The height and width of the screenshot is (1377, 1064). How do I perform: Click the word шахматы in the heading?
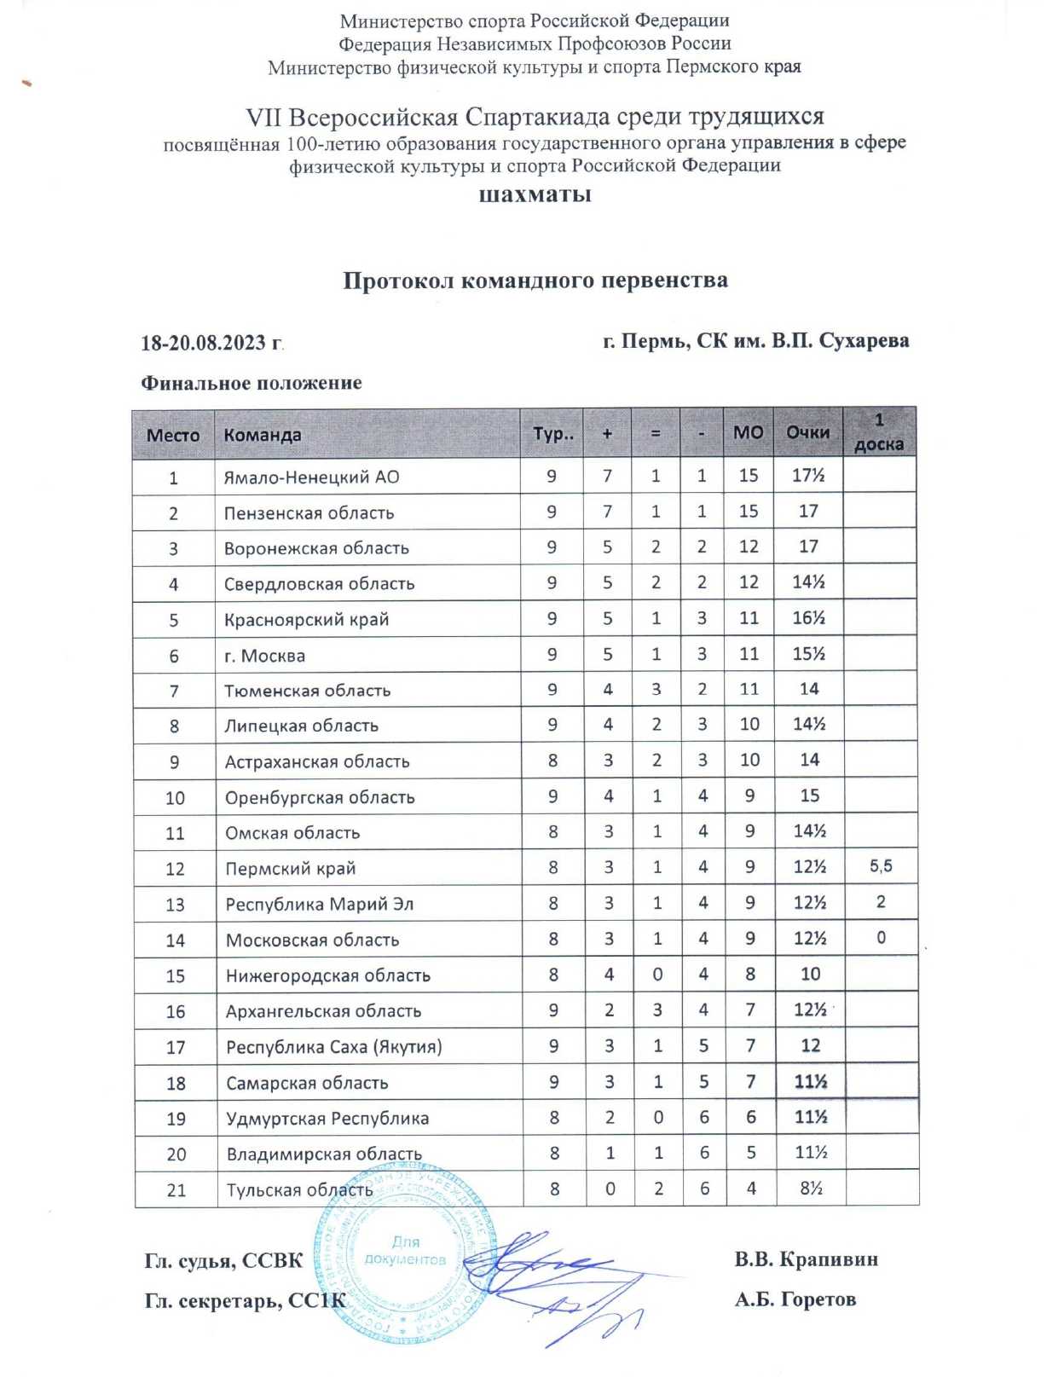point(535,194)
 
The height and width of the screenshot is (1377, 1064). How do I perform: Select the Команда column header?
point(263,435)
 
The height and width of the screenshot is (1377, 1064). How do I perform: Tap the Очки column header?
point(807,432)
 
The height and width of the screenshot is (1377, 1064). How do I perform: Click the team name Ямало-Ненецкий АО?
point(311,477)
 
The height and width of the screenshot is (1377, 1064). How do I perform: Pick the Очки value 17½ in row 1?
point(807,475)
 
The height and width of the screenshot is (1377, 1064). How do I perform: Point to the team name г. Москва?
point(264,656)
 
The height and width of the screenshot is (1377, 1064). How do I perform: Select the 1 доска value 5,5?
point(881,866)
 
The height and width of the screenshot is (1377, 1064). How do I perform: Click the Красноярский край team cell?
point(306,620)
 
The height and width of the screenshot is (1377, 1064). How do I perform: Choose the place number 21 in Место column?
point(176,1189)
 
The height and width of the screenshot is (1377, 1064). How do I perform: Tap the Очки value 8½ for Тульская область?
point(811,1188)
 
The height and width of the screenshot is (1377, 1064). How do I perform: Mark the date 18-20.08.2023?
point(211,343)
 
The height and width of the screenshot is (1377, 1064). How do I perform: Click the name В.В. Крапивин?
point(806,1259)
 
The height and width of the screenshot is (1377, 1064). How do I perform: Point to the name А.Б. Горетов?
point(795,1299)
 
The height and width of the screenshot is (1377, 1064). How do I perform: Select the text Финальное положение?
point(252,383)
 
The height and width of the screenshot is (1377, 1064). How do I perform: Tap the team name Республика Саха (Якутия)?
point(333,1046)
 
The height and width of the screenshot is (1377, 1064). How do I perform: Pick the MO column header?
point(748,432)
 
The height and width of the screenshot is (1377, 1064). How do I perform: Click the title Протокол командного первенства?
point(535,281)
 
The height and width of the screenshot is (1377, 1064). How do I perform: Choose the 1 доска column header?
point(879,432)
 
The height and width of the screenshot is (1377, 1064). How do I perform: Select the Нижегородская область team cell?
point(327,975)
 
